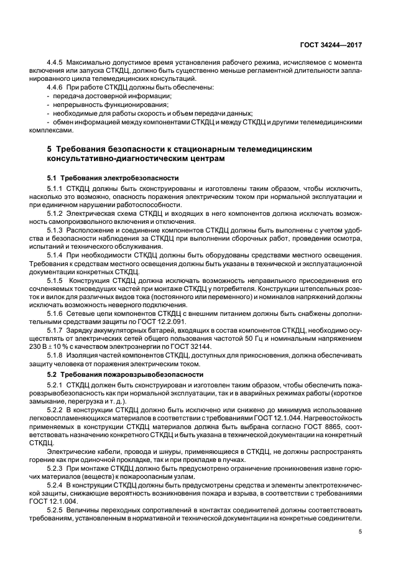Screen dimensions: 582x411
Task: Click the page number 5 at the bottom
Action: click(x=361, y=532)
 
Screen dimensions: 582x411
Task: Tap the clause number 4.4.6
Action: click(x=57, y=88)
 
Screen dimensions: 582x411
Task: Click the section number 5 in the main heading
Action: click(x=50, y=150)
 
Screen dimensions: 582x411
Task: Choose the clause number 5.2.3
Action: click(x=57, y=466)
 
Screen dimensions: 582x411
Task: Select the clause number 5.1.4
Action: click(x=57, y=256)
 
